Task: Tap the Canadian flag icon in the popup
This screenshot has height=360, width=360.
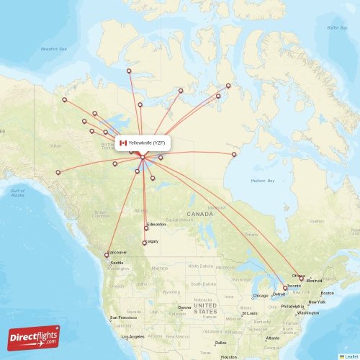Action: (x=123, y=143)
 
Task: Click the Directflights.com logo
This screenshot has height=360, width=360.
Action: (x=34, y=338)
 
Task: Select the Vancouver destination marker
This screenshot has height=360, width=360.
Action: (x=107, y=255)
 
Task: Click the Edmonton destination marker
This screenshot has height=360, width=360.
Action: (x=146, y=228)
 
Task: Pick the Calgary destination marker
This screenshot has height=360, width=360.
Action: (x=145, y=243)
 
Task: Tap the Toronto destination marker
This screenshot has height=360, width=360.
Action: (x=284, y=288)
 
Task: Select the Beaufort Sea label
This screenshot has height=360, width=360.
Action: (x=53, y=49)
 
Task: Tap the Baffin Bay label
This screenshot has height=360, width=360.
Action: (x=337, y=27)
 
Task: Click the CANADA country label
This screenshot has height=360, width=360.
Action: (x=200, y=214)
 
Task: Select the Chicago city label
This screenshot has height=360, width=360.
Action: (x=260, y=295)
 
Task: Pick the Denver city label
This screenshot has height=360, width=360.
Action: (x=185, y=307)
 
